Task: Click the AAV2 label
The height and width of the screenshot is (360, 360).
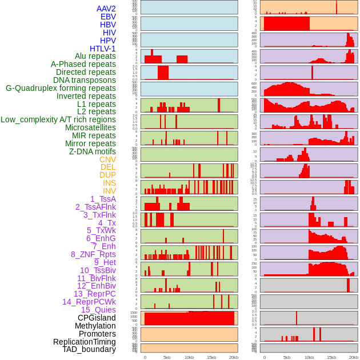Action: pos(106,9)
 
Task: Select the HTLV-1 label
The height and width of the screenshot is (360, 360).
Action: pos(103,49)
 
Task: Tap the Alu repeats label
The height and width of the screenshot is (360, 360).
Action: pos(95,56)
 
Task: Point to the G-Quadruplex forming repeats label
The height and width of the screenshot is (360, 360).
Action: pos(61,88)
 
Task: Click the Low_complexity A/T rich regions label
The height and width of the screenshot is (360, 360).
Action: pos(58,119)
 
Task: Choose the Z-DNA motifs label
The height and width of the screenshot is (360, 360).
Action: pos(93,151)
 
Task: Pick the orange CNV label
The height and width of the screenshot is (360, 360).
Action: pos(107,159)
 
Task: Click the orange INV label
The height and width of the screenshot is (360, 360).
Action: pos(109,191)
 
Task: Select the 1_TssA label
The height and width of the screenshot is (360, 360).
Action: pos(103,199)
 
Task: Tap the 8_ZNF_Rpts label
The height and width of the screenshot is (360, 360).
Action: pos(93,254)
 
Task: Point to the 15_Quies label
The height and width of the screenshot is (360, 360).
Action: pos(98,310)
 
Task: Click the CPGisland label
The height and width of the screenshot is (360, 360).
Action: pos(97,318)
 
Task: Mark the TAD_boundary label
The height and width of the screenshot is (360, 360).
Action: pos(89,349)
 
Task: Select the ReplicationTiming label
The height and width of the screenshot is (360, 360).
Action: pos(84,342)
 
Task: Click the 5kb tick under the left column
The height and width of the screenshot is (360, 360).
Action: pos(167,357)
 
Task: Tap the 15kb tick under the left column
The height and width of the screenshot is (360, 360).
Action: pos(211,357)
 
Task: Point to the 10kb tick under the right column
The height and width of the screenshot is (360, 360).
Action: pos(309,357)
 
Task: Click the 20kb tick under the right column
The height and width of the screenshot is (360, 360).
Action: pos(353,357)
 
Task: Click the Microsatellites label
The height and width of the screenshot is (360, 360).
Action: pos(90,127)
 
